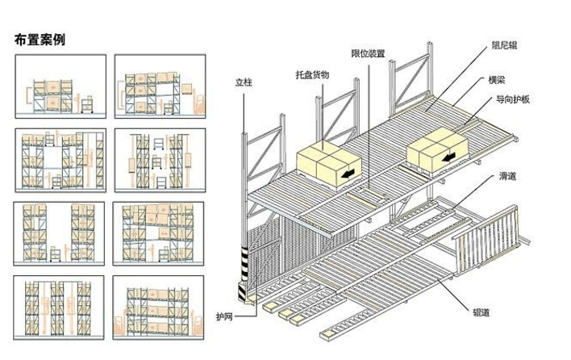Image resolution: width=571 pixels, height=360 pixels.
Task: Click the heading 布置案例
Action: (x=40, y=40)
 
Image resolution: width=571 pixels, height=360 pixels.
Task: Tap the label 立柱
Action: (x=244, y=82)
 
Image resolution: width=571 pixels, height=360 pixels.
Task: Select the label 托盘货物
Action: (x=312, y=75)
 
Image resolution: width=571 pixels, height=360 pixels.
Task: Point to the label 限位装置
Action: (x=368, y=53)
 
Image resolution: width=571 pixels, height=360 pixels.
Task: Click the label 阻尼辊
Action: (x=504, y=45)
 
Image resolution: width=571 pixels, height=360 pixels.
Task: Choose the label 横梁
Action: (x=497, y=80)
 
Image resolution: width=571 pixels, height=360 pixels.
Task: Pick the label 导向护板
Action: (x=513, y=99)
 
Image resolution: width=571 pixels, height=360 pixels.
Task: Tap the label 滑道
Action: (x=507, y=176)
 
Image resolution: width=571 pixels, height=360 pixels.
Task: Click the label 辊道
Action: (x=481, y=312)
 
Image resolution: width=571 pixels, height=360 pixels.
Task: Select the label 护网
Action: (x=224, y=316)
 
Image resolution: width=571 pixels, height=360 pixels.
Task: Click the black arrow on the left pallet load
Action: (x=348, y=174)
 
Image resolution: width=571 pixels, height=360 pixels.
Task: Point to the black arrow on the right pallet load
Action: (x=449, y=157)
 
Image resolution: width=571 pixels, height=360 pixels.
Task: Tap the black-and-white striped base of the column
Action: (x=244, y=274)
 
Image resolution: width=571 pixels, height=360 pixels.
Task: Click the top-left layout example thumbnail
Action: (x=60, y=86)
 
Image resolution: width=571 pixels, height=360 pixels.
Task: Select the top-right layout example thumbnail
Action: (x=160, y=86)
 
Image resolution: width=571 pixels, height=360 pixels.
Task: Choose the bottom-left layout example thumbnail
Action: (x=59, y=308)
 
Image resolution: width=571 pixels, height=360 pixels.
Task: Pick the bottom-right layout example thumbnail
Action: (x=158, y=308)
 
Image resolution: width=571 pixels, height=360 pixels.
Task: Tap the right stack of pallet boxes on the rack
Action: (x=437, y=149)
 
